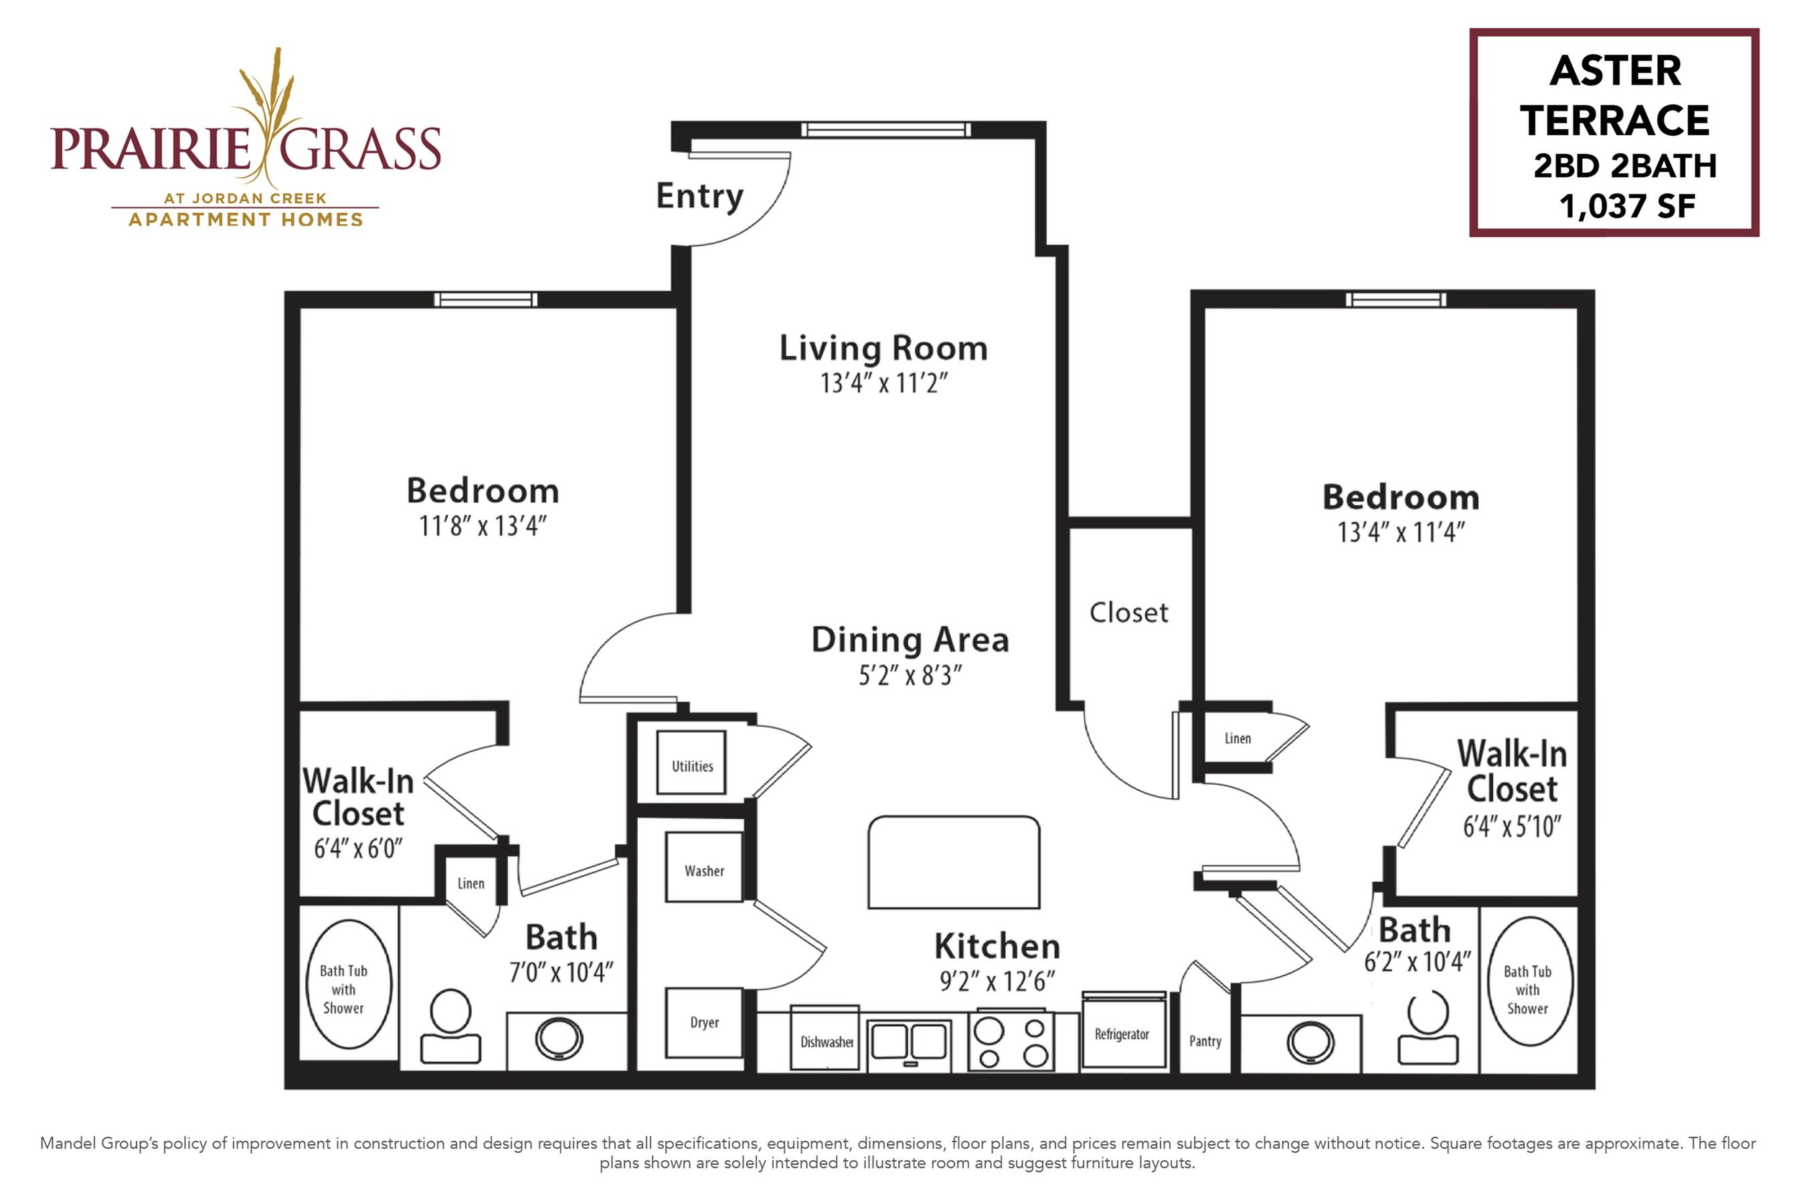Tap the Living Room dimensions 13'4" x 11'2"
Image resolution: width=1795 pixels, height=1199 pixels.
[x=884, y=382]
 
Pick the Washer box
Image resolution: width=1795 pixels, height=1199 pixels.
[x=703, y=867]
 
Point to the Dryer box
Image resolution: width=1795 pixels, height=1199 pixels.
[x=703, y=1023]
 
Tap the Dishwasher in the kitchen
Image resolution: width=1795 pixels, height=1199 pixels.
[x=825, y=1038]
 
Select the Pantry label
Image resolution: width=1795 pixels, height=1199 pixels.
[x=1205, y=1040]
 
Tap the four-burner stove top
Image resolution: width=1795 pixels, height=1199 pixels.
[x=1011, y=1040]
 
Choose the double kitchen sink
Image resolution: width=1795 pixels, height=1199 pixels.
[x=910, y=1043]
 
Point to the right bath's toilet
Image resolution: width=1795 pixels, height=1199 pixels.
[x=1427, y=1027]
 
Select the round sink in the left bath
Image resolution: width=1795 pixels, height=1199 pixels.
[x=559, y=1039]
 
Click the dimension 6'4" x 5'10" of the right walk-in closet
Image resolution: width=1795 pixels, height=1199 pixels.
[x=1512, y=826]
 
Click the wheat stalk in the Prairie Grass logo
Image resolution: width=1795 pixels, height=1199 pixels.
[x=268, y=114]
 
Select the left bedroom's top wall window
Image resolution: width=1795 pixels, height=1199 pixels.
[x=486, y=299]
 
